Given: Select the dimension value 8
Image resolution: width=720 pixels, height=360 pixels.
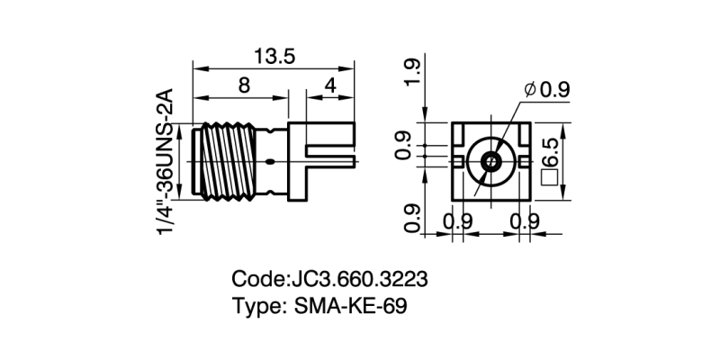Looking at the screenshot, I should tap(243, 87).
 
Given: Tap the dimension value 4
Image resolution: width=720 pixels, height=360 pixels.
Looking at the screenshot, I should tap(330, 87).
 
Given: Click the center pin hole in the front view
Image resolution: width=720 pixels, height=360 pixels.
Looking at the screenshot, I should tap(490, 162).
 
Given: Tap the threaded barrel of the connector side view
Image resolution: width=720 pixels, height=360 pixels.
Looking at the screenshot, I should tap(225, 162).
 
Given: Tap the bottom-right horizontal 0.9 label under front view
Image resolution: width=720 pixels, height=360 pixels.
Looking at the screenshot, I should tap(524, 221).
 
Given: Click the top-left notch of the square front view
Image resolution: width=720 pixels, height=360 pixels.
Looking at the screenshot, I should tap(462, 135).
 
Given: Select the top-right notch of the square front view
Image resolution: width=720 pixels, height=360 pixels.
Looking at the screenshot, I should tap(519, 135).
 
